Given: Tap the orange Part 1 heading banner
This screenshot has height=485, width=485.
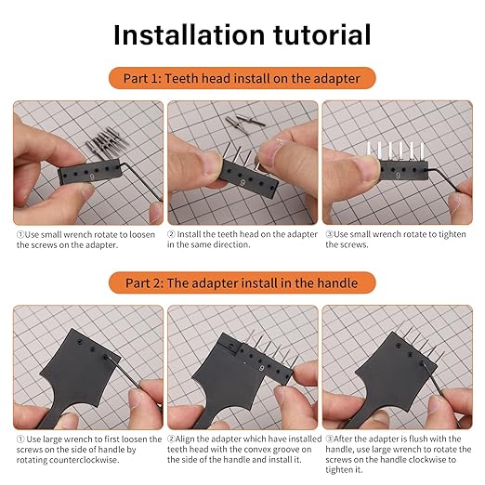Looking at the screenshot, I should [x=242, y=78].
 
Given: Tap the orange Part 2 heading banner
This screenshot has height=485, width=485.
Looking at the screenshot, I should [x=242, y=282].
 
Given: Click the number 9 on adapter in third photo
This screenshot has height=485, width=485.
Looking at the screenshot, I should [x=397, y=172].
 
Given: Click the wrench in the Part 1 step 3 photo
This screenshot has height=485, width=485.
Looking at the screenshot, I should [x=455, y=186].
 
